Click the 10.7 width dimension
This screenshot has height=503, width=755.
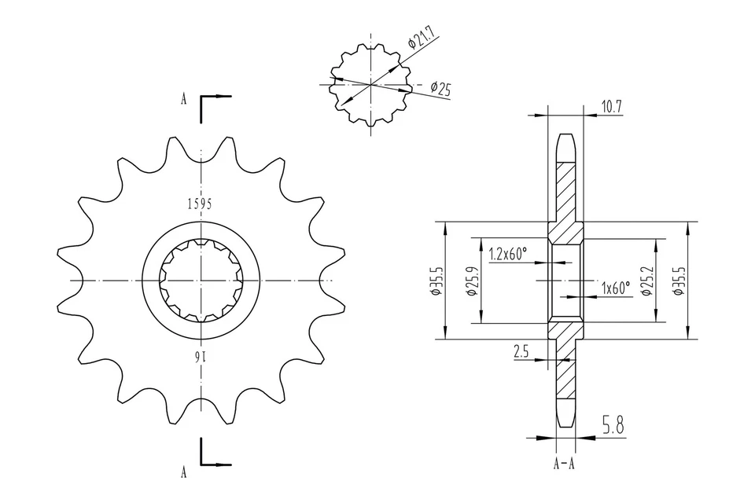(x=611, y=106)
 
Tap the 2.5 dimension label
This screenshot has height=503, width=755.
(x=521, y=352)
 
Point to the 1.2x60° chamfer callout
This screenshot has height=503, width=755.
(x=507, y=254)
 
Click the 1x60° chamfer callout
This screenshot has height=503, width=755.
(x=615, y=288)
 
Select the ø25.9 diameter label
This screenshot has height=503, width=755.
(x=471, y=281)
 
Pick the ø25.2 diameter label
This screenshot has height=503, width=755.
(x=646, y=281)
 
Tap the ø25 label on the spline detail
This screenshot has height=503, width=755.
(x=441, y=88)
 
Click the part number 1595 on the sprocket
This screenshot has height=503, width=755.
(x=200, y=204)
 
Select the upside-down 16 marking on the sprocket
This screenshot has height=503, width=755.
(x=200, y=358)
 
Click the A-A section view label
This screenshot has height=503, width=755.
(x=564, y=463)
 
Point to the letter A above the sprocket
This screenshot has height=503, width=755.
(x=183, y=100)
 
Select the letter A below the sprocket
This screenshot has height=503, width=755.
(x=183, y=472)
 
